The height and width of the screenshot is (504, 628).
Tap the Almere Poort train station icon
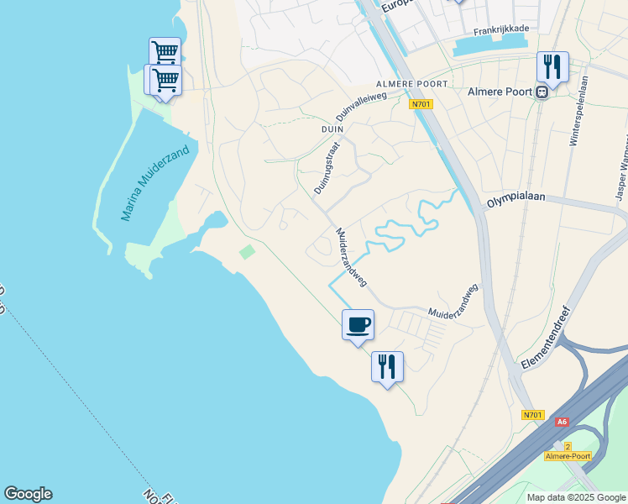pyautogui.click(x=542, y=92)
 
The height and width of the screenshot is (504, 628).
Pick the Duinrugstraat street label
pyautogui.click(x=327, y=169)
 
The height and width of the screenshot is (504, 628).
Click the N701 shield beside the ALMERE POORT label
pyautogui.click(x=421, y=104)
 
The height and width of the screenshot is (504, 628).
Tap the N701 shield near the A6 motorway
pyautogui.click(x=532, y=415)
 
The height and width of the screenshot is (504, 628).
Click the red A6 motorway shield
pyautogui.click(x=561, y=423)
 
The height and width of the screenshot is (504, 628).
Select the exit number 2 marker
pyautogui.click(x=568, y=446)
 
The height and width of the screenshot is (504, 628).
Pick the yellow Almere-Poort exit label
pyautogui.click(x=568, y=456)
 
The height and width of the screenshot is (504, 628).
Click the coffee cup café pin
pyautogui.click(x=358, y=324)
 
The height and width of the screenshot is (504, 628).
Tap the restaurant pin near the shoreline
pyautogui.click(x=387, y=366)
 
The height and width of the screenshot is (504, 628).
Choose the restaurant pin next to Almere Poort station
pyautogui.click(x=552, y=66)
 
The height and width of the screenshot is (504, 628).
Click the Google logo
pyautogui.click(x=28, y=494)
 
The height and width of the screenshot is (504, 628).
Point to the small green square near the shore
pyautogui.click(x=247, y=252)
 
